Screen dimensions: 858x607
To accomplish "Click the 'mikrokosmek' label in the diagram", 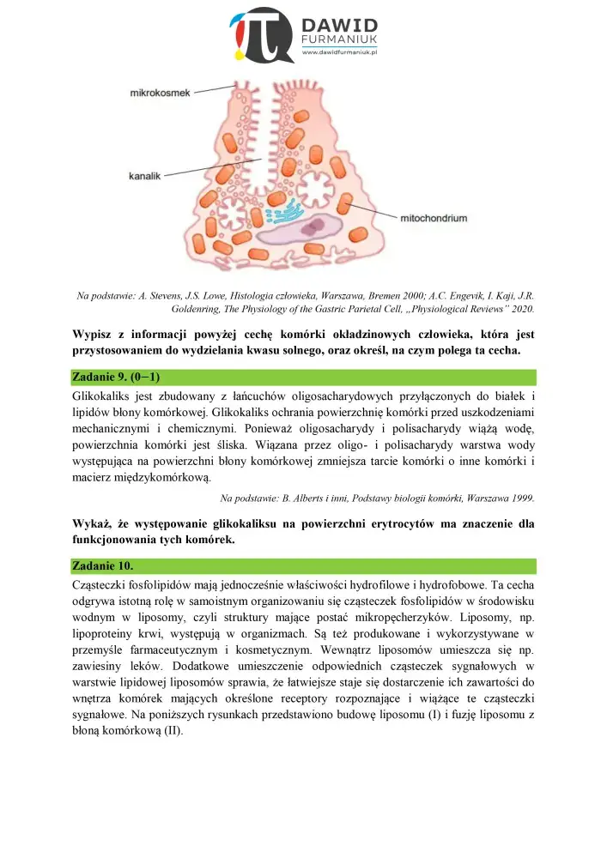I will (x=161, y=92).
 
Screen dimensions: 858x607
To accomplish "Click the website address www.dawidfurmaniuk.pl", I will (x=342, y=53).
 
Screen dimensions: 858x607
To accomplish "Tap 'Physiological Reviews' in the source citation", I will (x=459, y=308).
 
